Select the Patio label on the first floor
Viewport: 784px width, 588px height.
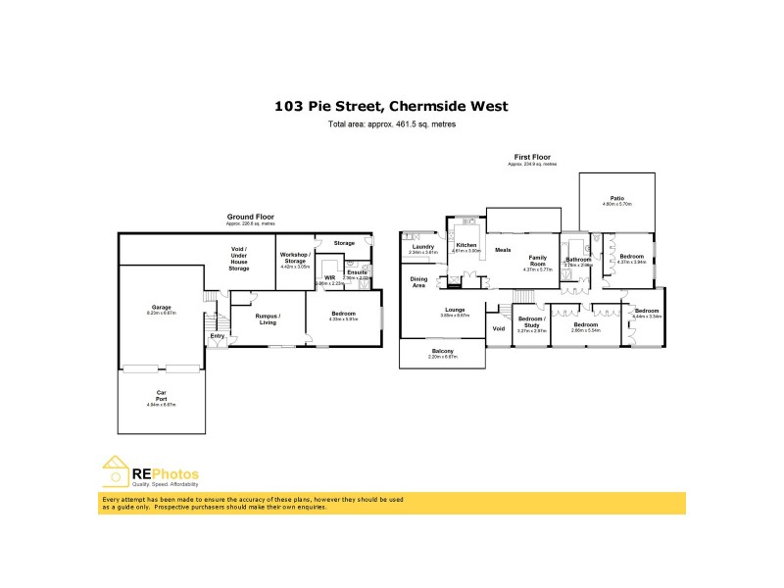(x=617, y=198)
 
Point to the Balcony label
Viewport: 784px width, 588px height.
(x=443, y=351)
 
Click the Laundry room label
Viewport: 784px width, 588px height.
(x=422, y=247)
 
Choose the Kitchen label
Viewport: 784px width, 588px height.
(x=465, y=245)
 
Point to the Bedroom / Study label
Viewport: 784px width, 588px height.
(x=531, y=321)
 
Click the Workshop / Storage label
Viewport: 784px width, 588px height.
(x=295, y=258)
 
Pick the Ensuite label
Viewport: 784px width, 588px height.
(x=357, y=272)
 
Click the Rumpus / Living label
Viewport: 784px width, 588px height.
(x=268, y=318)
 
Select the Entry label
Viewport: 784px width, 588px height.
(x=217, y=337)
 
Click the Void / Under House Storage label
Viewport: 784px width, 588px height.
(x=239, y=259)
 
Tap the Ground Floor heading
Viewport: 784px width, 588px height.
(x=250, y=217)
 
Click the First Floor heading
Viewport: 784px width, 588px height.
(x=532, y=157)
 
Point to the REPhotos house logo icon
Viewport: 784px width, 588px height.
(x=117, y=473)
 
